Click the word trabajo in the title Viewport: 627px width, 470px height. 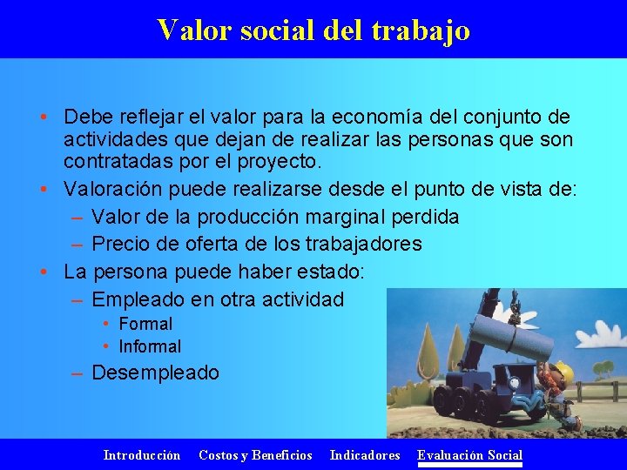tap(420, 30)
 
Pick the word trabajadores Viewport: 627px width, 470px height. tap(352, 243)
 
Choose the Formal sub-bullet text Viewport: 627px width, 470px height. tap(145, 324)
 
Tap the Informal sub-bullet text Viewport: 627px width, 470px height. tap(150, 346)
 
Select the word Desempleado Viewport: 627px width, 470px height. tap(155, 373)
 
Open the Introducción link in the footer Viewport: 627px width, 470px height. tap(142, 455)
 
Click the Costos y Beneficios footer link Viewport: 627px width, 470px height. tap(255, 455)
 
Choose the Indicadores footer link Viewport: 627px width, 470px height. tap(365, 455)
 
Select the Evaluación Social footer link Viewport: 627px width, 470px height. tap(469, 455)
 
